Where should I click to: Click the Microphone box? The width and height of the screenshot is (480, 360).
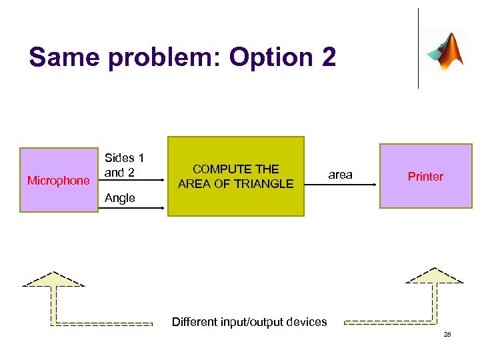coord(59,180)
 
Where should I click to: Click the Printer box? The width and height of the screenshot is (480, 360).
coord(425,176)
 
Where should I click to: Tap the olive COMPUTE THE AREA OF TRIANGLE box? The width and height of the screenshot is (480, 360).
coord(235,176)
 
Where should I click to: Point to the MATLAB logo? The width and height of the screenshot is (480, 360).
coord(445,51)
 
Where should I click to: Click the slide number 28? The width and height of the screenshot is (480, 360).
coord(447,334)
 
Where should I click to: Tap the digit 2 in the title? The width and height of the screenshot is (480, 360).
coord(329,58)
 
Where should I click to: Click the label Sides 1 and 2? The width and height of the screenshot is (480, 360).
coord(124,165)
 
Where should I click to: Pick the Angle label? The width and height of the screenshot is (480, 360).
coord(120,198)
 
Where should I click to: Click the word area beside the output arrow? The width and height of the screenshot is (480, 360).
coord(340,175)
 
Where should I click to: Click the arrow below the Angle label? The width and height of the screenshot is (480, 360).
coord(133,209)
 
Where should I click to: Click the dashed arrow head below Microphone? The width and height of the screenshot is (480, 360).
coord(53,280)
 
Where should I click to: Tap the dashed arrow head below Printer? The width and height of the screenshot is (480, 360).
coord(434,277)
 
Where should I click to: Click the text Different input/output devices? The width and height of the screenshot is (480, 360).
coord(249,322)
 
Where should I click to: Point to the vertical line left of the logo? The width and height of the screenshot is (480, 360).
coord(418,48)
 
